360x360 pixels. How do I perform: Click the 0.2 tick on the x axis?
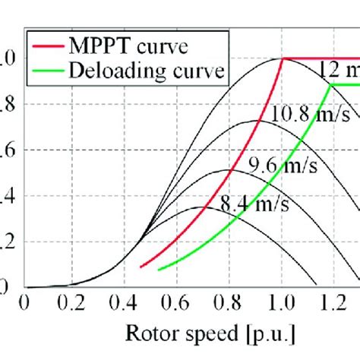click(74, 302)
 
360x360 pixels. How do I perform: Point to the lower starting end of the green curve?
click(159, 270)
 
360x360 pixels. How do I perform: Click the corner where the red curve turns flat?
click(283, 58)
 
